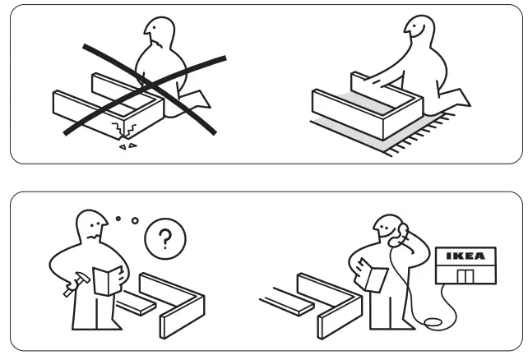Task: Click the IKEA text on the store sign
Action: [465, 256]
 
